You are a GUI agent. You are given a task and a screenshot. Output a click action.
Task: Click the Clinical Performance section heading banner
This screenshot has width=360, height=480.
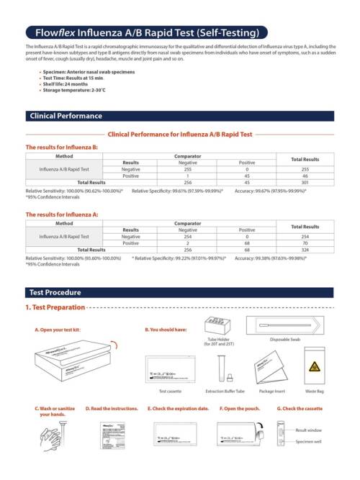coord(180,116)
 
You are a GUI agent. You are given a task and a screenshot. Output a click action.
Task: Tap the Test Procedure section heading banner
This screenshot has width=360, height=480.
coord(180,292)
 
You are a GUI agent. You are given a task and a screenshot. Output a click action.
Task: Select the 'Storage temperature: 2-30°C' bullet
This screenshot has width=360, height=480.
coord(74,90)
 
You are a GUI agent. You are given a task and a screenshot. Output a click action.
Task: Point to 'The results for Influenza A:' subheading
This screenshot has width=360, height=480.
coord(62,214)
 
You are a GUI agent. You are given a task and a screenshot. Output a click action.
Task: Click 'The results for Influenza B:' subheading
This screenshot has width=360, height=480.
coord(62,147)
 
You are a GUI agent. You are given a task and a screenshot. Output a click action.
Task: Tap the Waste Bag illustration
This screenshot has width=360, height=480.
coord(315,367)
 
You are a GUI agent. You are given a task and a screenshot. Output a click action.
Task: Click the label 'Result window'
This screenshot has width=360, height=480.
coord(309,430)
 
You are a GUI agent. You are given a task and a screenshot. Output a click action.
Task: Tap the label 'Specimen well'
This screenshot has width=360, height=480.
coord(309,442)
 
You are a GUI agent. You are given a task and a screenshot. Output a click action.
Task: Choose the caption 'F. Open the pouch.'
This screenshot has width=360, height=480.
coord(238,408)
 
